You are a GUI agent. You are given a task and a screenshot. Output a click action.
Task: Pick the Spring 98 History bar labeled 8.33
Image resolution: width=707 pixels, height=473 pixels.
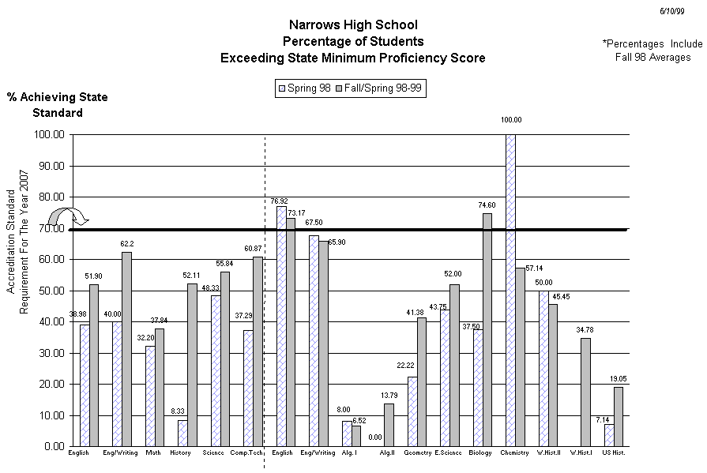(x=182, y=433)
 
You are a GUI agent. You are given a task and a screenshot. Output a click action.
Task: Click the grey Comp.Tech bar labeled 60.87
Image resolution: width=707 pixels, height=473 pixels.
(x=258, y=351)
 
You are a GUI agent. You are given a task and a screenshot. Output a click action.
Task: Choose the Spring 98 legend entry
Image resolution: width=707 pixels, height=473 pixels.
(x=304, y=88)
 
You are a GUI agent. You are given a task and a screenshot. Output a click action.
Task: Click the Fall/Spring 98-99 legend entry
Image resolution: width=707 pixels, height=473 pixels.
(x=380, y=88)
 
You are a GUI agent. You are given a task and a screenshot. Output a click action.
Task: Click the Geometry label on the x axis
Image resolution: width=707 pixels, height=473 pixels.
(x=416, y=453)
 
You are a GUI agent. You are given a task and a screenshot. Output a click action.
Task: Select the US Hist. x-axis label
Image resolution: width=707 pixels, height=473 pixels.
(x=613, y=453)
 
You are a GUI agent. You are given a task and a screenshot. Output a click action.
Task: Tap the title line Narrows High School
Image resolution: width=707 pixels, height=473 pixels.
(x=353, y=25)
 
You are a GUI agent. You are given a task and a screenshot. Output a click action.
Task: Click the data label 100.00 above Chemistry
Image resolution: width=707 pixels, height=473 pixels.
(x=510, y=120)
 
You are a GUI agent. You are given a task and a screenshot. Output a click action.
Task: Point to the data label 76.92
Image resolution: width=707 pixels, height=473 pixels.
(x=280, y=201)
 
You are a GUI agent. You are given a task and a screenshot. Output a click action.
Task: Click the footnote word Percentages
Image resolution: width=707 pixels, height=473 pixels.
(x=636, y=44)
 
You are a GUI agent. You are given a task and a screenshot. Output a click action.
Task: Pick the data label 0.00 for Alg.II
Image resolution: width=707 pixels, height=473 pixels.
(x=375, y=437)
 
